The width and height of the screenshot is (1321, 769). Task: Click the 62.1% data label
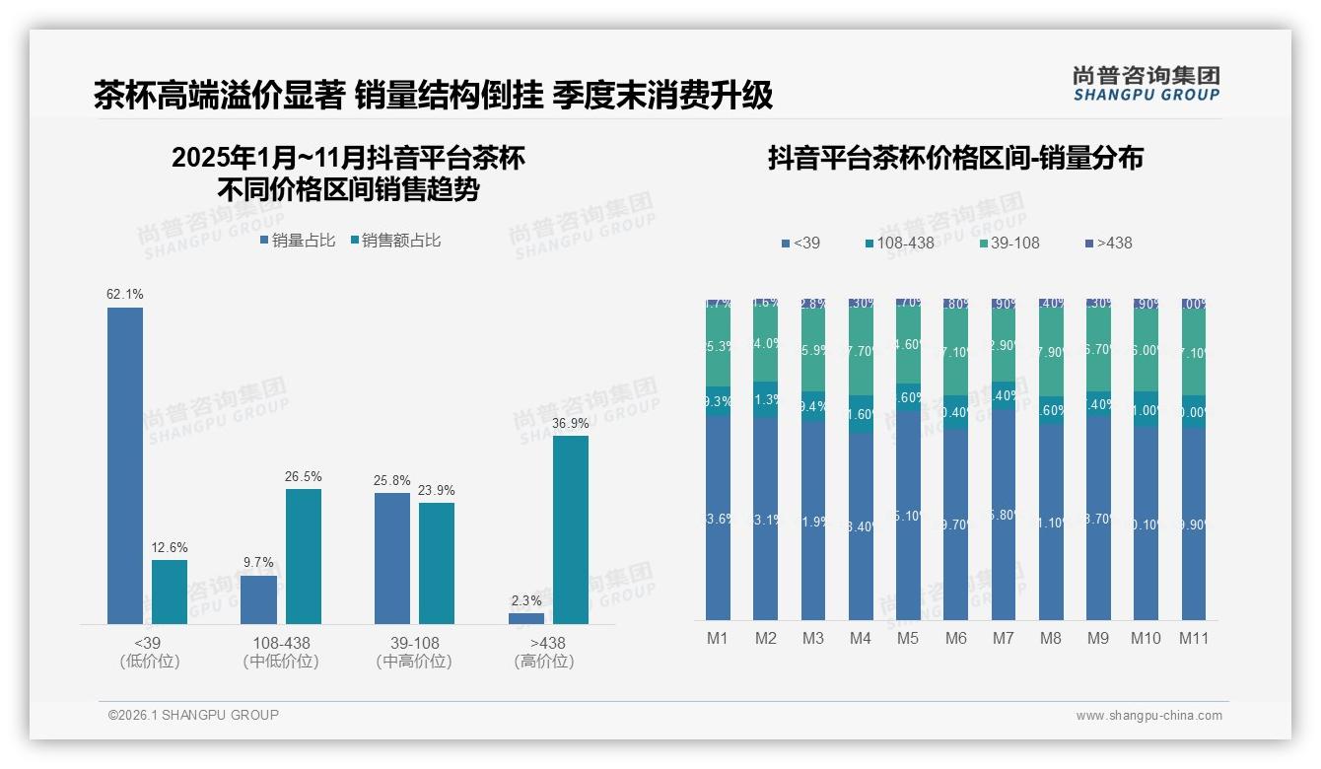(125, 294)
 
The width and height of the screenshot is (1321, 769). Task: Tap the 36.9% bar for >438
(571, 529)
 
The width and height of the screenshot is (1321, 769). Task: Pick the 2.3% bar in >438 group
(526, 618)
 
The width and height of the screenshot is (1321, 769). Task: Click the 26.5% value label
(304, 476)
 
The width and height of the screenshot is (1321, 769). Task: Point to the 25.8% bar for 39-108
(392, 558)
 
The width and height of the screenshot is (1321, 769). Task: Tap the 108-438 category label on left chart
(281, 643)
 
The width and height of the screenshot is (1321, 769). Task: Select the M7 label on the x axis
(1004, 638)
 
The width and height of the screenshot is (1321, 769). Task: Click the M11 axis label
(1194, 638)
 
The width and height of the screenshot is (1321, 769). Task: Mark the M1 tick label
(718, 638)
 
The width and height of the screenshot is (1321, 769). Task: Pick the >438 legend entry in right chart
(1108, 243)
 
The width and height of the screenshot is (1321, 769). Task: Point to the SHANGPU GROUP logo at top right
(1146, 84)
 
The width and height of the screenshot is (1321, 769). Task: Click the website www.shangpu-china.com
(1148, 716)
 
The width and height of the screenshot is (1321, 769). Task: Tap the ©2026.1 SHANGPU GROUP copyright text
(193, 715)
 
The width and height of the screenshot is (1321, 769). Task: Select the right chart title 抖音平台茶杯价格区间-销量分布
(955, 159)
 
